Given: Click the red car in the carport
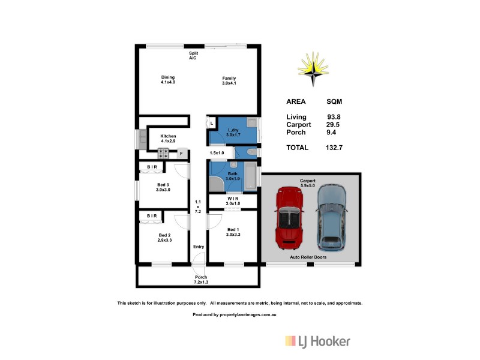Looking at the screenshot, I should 290,219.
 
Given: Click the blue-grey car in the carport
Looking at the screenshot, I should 332,217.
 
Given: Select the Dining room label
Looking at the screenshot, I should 167,80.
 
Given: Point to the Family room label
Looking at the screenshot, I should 229,80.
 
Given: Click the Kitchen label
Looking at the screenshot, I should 168,139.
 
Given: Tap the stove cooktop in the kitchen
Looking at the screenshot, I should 164,153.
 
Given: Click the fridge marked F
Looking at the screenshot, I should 181,154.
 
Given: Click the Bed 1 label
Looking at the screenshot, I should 233,232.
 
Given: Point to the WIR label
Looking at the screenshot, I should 233,201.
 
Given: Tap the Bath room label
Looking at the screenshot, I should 232,176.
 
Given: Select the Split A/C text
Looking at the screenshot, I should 193,55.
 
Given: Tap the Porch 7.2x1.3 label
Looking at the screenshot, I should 200,279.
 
